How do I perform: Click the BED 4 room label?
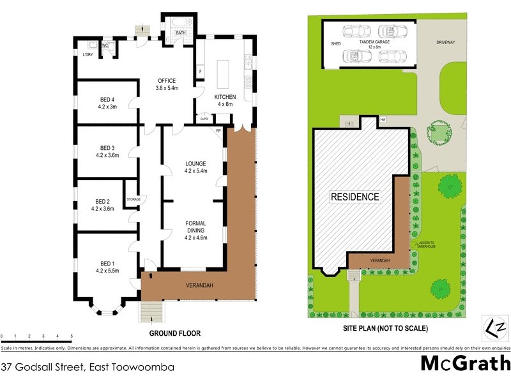point(107,99)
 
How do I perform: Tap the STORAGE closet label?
point(133,199)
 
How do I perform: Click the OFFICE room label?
point(167,80)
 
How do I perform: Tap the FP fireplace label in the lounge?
point(218,131)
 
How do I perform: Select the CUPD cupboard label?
point(204,119)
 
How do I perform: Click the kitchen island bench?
point(224,73)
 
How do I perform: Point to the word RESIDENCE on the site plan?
point(355,197)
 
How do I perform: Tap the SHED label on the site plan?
point(335,44)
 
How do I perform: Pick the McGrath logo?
point(464,363)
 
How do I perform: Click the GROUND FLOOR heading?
point(175,333)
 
